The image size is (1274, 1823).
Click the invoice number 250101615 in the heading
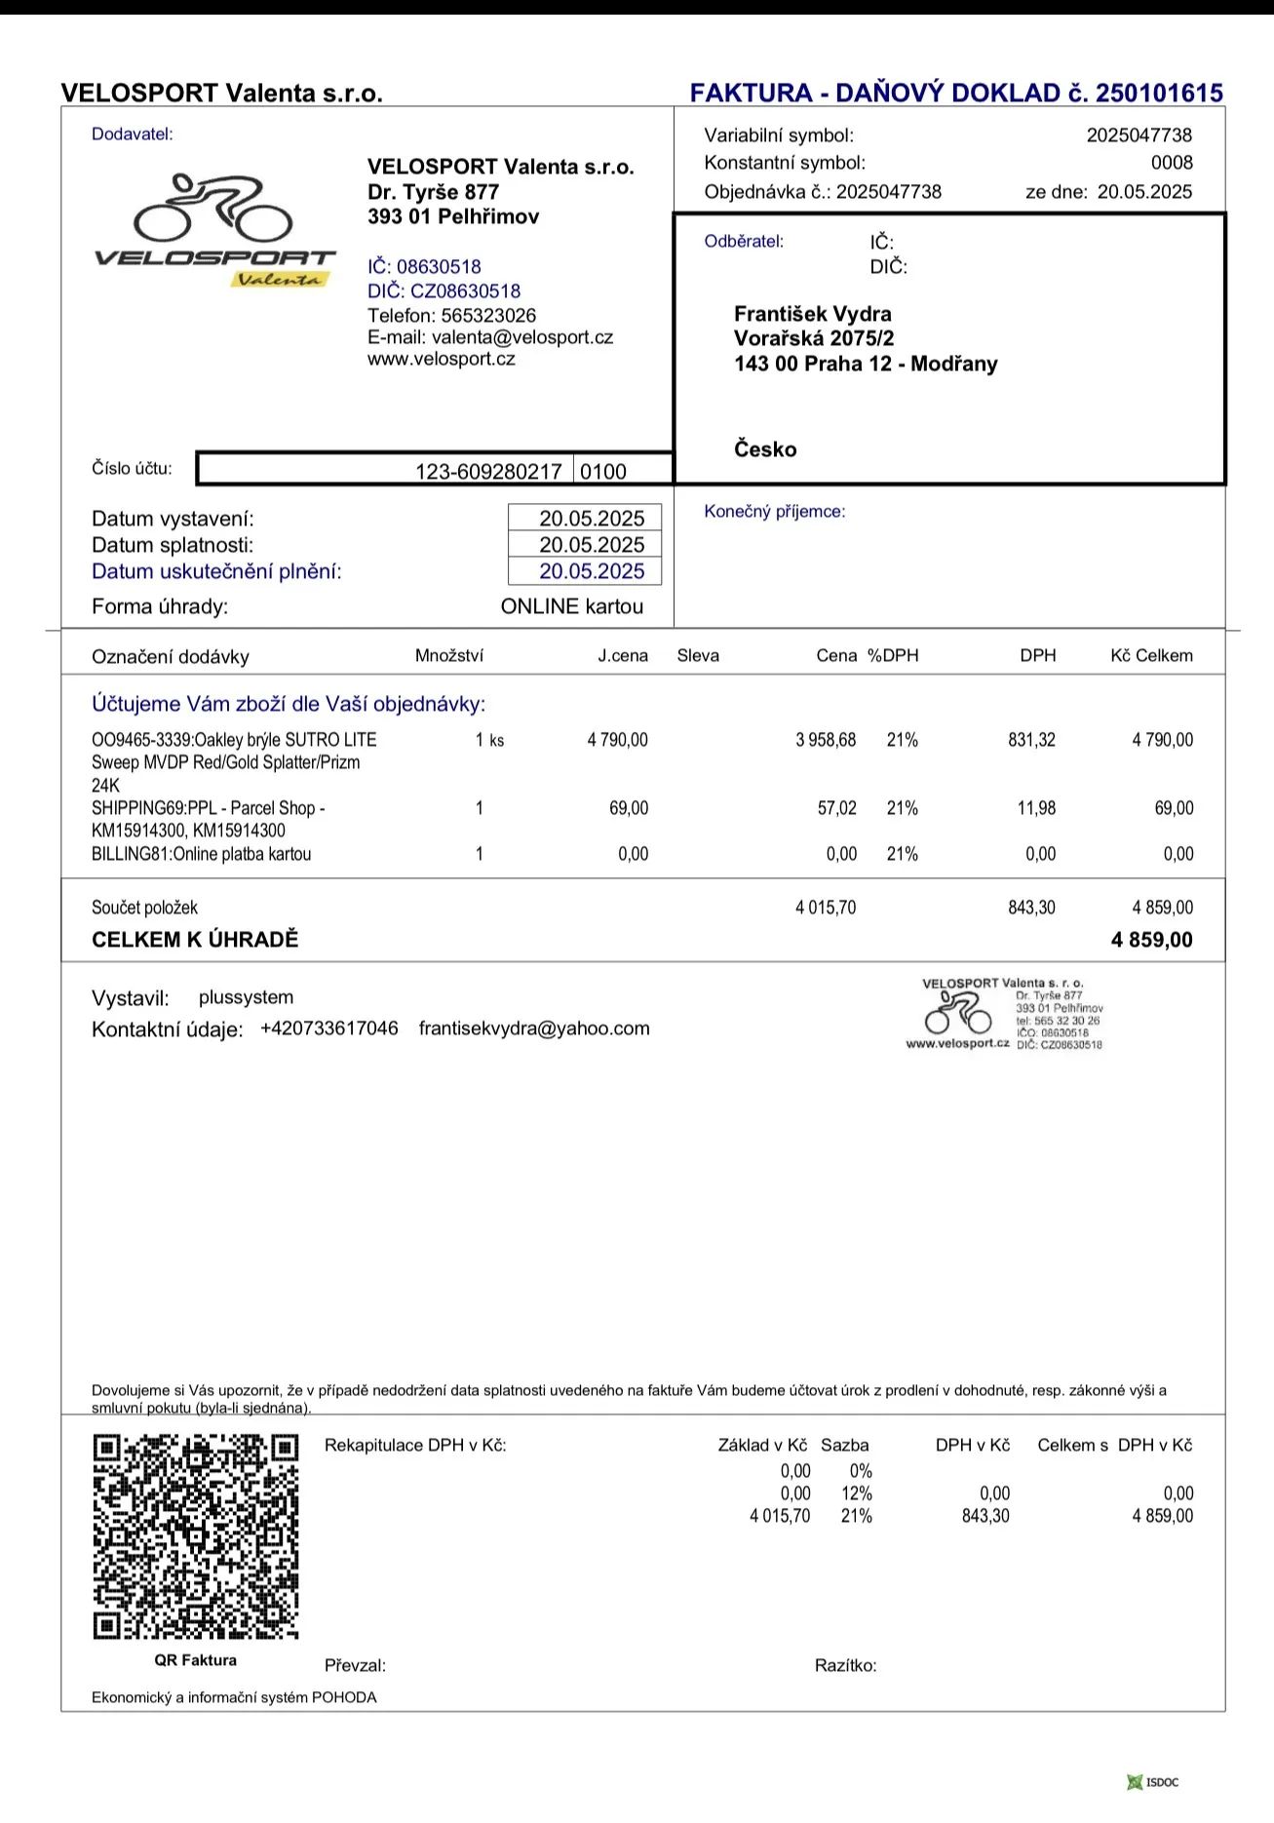click(1159, 94)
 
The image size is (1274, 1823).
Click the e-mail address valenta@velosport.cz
click(521, 337)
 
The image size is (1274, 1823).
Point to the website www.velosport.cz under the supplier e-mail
click(441, 359)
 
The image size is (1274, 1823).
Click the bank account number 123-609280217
click(488, 472)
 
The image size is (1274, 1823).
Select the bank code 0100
click(603, 472)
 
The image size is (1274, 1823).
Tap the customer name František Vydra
click(812, 314)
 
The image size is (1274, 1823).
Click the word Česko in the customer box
click(765, 449)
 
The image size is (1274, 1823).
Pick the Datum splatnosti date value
click(592, 545)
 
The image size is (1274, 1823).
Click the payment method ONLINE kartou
click(572, 606)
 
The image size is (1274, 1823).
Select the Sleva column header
click(698, 656)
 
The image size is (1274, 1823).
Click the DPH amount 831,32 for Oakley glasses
click(1031, 740)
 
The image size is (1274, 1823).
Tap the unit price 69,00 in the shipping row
click(629, 808)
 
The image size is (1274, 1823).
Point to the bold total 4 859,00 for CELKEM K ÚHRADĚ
click(1151, 940)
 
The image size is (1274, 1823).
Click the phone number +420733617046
click(329, 1028)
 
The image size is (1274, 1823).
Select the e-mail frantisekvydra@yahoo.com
click(534, 1028)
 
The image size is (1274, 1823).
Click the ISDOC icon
click(1153, 1782)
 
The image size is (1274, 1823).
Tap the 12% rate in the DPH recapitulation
click(856, 1493)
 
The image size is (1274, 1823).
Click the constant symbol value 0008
click(1171, 163)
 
